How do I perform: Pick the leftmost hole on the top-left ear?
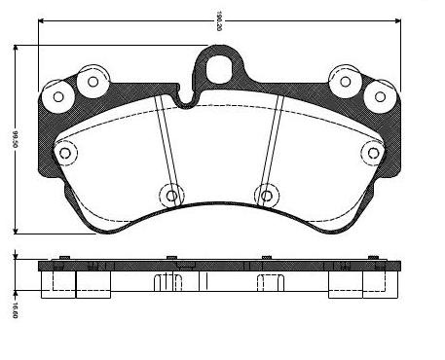pos(59,96)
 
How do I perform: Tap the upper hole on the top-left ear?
pos(93,81)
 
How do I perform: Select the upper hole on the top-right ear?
pos(346,81)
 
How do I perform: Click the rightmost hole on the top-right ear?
pos(379,96)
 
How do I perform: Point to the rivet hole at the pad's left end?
pos(66,152)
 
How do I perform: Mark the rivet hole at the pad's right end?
pos(371,152)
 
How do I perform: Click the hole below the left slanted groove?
pos(172,195)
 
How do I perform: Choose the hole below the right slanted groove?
pos(263,195)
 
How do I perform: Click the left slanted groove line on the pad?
pos(165,146)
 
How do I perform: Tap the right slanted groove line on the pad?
pos(274,146)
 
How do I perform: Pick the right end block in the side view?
pos(360,282)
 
